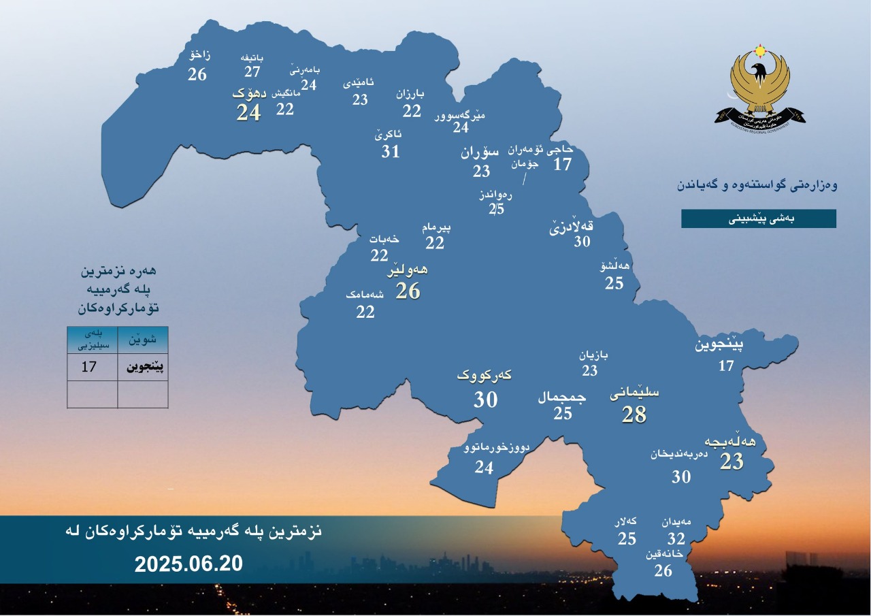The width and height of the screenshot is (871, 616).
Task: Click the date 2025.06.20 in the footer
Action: click(188, 564)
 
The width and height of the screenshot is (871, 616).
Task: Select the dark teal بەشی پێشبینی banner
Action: click(759, 218)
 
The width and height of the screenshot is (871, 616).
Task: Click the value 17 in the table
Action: click(89, 368)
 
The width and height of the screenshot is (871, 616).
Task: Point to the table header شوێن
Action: click(143, 338)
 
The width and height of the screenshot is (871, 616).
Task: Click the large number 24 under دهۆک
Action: click(248, 112)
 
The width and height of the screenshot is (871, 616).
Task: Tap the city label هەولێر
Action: click(408, 271)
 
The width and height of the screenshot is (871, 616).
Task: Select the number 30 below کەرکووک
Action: click(486, 400)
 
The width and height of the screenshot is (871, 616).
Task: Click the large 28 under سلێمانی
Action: click(634, 414)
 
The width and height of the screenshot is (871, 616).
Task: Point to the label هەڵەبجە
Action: click(730, 442)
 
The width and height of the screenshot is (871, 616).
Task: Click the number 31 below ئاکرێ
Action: click(391, 151)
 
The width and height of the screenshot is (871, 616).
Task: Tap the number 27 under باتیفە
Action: click(253, 71)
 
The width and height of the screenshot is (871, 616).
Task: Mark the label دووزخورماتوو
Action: click(496, 448)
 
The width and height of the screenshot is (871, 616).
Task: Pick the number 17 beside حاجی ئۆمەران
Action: click(562, 164)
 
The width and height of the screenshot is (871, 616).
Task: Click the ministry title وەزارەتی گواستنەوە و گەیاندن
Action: click(757, 185)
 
